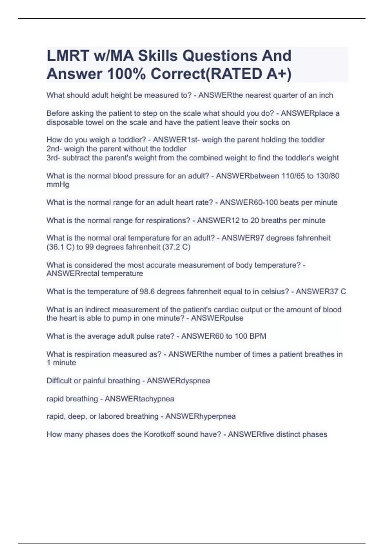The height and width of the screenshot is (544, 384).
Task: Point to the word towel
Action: tap(94, 122)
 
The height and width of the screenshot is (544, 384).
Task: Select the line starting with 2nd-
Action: tap(116, 149)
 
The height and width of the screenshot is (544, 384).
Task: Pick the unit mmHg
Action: tap(58, 184)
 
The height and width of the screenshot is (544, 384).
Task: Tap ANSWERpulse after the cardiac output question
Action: tap(217, 318)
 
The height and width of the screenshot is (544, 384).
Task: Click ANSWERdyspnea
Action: tap(178, 381)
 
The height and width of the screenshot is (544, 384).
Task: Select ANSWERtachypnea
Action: tap(140, 399)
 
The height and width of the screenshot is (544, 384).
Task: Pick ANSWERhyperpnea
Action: tap(200, 416)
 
